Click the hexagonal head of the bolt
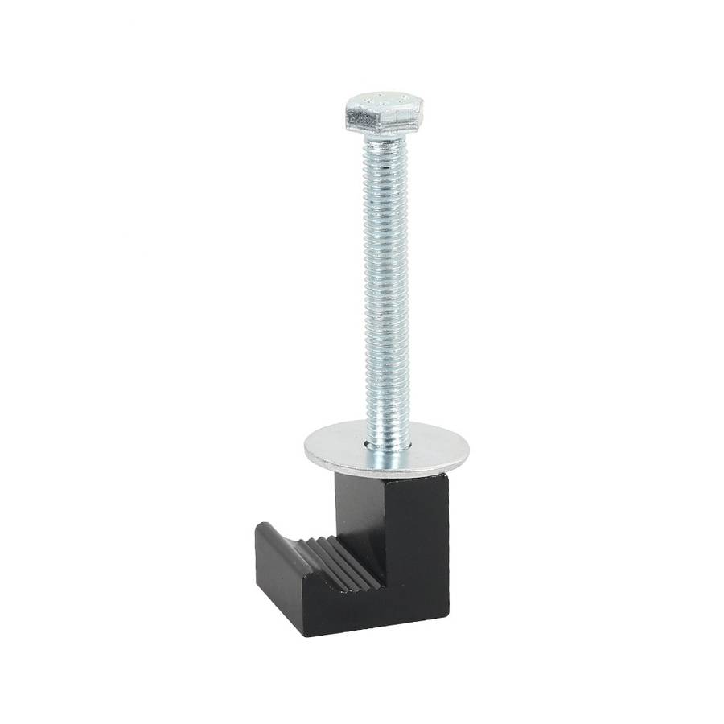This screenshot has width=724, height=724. (384, 114)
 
